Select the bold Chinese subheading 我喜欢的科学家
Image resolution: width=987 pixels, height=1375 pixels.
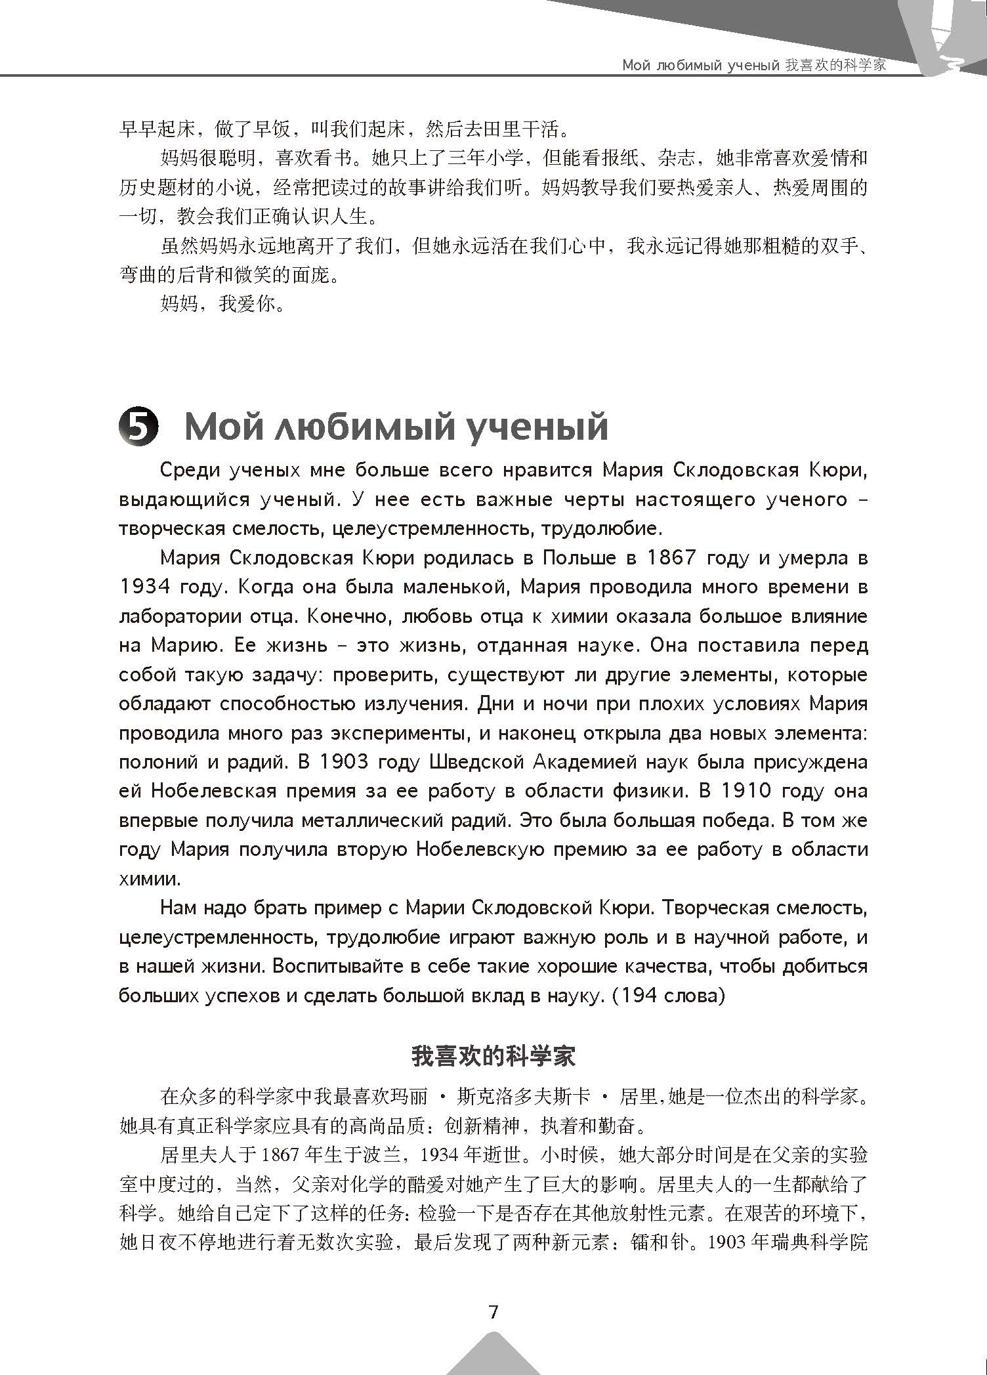point(493,1056)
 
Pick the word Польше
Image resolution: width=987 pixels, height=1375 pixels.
point(579,558)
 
